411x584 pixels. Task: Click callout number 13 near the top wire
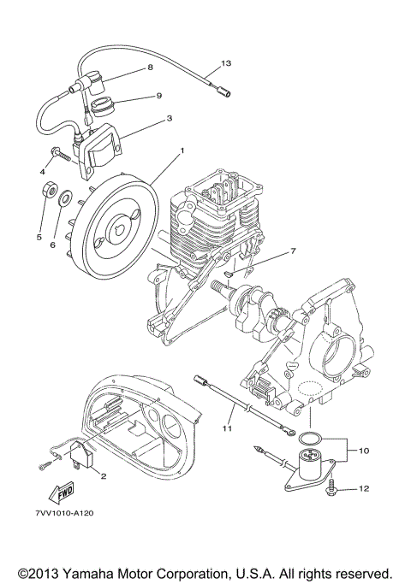coord(226,63)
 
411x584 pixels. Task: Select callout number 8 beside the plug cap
coord(150,68)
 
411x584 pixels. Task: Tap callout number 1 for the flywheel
coord(182,150)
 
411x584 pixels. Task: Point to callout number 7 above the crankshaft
coord(293,251)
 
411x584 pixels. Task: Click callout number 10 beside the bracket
coord(363,451)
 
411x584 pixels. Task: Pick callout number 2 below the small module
coord(104,475)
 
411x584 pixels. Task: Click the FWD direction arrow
coord(61,493)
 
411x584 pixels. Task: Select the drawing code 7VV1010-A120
coord(64,513)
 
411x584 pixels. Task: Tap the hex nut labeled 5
coord(49,191)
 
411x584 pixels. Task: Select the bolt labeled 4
coord(61,153)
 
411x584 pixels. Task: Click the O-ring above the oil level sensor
coord(308,439)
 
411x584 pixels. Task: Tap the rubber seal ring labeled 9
coord(103,107)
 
